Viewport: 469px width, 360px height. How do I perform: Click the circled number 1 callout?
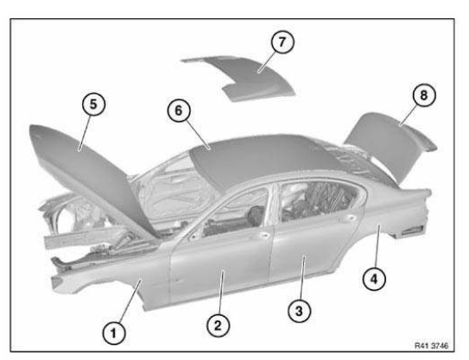(114, 332)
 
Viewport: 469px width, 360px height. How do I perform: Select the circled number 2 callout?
(219, 325)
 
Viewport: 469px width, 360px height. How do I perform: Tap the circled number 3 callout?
(299, 311)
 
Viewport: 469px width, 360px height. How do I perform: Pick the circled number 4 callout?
(374, 279)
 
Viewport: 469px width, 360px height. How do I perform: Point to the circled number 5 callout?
(93, 104)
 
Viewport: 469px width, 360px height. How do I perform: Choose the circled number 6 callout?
(179, 111)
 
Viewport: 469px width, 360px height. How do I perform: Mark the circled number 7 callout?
(282, 42)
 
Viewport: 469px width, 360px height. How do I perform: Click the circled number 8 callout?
(424, 95)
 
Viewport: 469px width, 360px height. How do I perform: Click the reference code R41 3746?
(431, 345)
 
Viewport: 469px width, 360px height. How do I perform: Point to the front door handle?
(263, 236)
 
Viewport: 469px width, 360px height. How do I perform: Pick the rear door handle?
(349, 218)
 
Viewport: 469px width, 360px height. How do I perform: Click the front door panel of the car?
(221, 263)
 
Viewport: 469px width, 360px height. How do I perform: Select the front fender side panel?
(120, 278)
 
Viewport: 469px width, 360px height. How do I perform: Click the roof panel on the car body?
(263, 159)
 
